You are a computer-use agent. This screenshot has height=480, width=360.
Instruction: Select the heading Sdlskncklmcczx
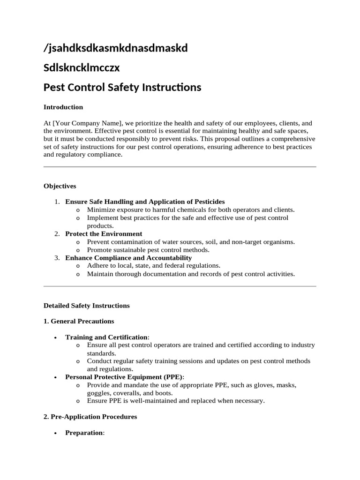click(82, 67)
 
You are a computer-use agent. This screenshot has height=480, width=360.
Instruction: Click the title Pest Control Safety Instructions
click(122, 87)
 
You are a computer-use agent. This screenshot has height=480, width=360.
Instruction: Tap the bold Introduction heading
click(63, 107)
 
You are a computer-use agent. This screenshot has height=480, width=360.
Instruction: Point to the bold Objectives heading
click(60, 186)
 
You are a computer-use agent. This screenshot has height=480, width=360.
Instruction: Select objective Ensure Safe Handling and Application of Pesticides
click(145, 202)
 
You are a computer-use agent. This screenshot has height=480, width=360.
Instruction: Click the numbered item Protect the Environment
click(104, 233)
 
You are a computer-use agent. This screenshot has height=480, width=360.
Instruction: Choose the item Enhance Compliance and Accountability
click(128, 258)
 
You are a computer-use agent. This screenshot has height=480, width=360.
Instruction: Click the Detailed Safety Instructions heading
click(87, 306)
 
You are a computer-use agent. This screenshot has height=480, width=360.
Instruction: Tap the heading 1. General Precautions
click(79, 322)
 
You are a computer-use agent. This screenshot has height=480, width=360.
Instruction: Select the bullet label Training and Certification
click(106, 337)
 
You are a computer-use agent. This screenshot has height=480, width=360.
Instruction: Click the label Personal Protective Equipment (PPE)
click(124, 377)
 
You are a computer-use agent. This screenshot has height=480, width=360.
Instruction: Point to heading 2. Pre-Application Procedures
click(90, 417)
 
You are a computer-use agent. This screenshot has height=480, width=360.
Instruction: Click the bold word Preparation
click(84, 433)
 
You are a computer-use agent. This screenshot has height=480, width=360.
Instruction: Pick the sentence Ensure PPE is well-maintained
click(176, 401)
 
